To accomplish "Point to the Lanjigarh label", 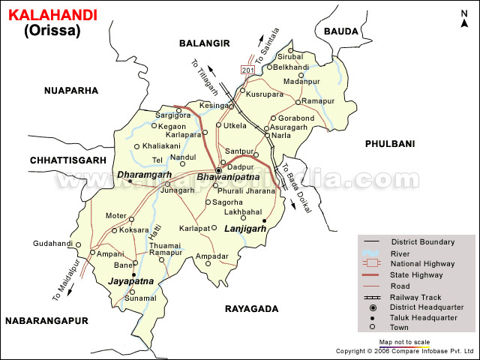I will tap(246, 229).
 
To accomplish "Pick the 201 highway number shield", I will tap(248, 69).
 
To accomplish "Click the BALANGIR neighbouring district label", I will tap(203, 44).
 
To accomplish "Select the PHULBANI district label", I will tap(389, 142).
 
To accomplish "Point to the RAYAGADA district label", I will tap(251, 308).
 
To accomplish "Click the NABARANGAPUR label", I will tap(46, 320).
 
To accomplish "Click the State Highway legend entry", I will tap(417, 275).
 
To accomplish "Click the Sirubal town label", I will tap(291, 56).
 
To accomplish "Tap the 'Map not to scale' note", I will tap(404, 341).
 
